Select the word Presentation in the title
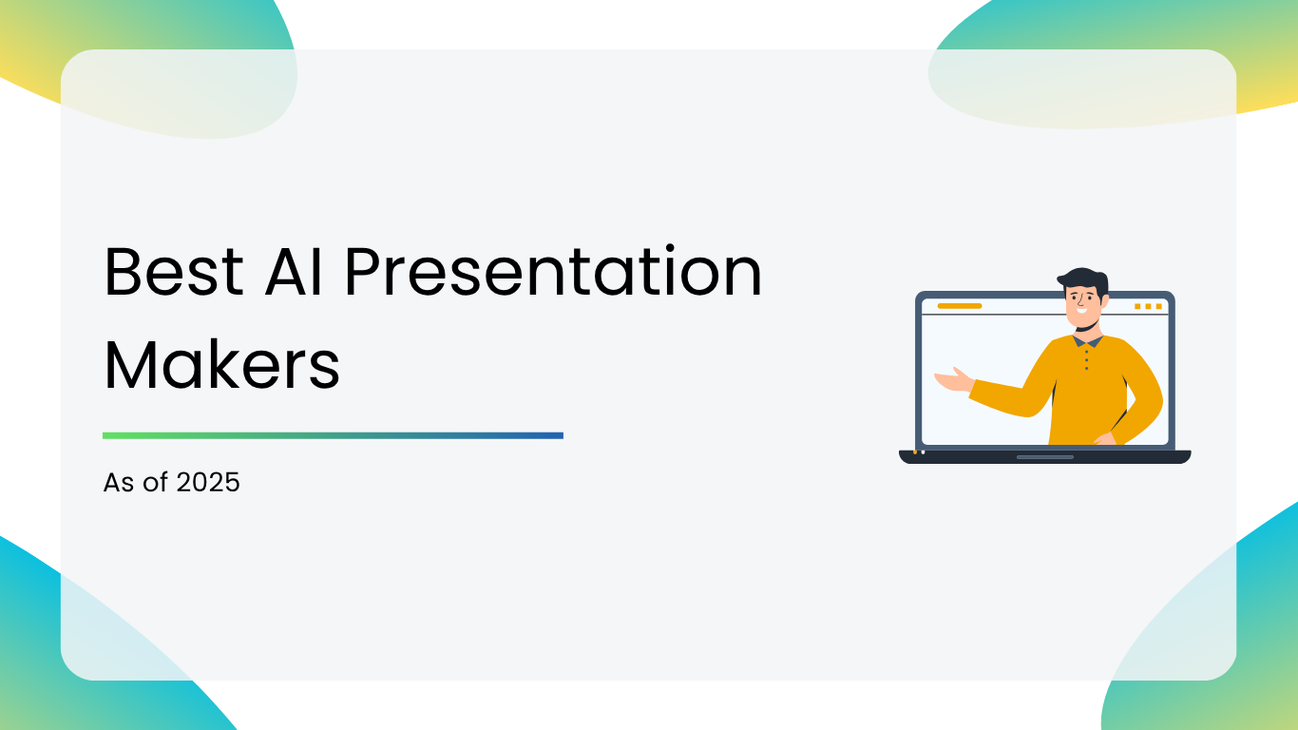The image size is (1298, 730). (553, 270)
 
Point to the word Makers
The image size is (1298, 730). (221, 365)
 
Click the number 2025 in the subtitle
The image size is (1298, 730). (208, 483)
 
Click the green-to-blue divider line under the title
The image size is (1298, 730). (333, 435)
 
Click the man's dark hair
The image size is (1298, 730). (1083, 282)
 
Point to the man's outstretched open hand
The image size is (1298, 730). (953, 380)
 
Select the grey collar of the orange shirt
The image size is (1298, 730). (1087, 340)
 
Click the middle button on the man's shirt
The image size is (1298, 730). (1086, 359)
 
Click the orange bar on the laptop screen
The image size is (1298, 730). (960, 306)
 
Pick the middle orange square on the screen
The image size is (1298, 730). (1148, 306)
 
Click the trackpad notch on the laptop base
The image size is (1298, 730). (1045, 457)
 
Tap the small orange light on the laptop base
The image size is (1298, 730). (915, 452)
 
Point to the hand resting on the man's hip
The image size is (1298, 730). (1106, 439)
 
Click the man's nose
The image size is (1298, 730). (1081, 301)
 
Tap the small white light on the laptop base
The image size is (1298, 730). (923, 452)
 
